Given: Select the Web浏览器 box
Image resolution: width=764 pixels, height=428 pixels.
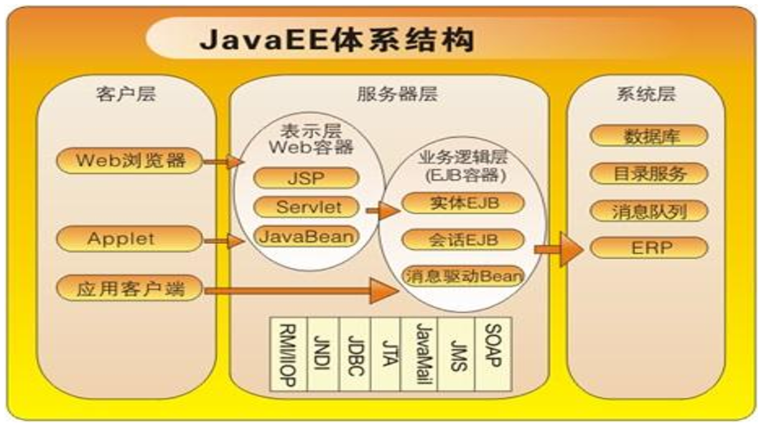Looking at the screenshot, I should (x=130, y=159).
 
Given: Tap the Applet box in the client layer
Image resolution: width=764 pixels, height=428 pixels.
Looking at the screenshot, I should (x=130, y=238).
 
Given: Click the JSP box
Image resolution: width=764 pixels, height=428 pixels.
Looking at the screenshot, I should (x=306, y=178).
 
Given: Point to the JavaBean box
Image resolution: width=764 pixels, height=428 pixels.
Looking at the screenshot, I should (x=306, y=236).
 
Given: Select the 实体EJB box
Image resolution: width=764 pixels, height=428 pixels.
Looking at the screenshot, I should (x=462, y=203).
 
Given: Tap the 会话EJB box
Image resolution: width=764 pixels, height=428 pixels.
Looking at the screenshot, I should (x=462, y=238).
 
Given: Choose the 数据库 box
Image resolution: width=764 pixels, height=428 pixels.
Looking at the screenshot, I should (x=649, y=136).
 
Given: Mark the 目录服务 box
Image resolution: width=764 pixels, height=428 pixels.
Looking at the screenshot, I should (x=649, y=173).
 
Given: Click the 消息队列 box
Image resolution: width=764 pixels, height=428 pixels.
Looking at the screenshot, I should (x=649, y=211).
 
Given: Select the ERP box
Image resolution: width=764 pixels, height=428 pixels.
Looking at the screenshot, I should (x=649, y=248).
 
